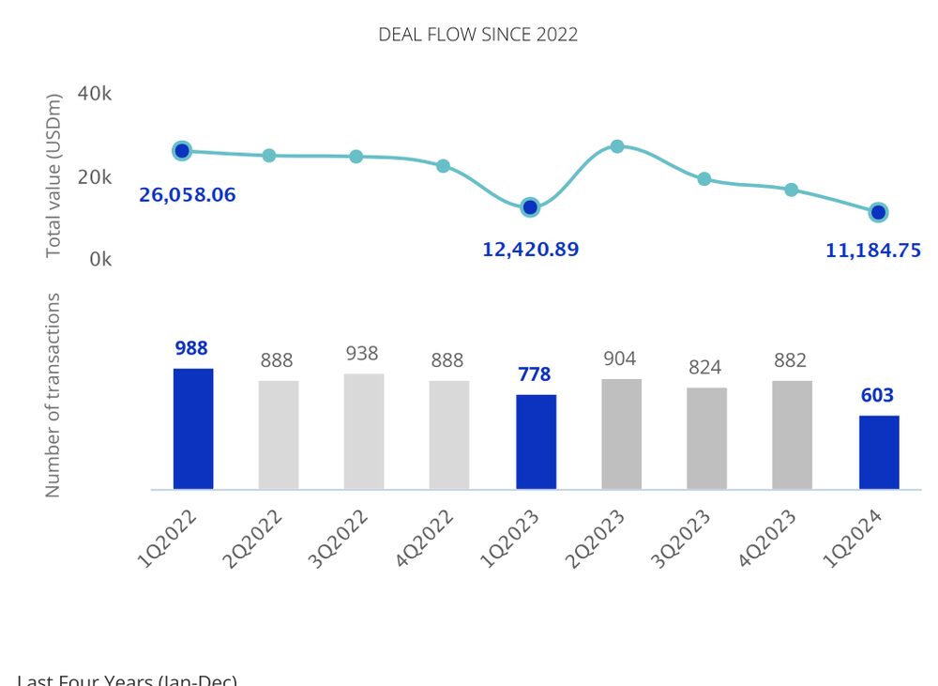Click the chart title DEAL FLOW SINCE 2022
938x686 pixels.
[x=477, y=35]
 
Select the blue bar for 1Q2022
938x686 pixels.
[x=193, y=429]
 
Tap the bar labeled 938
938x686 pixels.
[x=364, y=432]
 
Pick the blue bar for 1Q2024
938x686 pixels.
[x=879, y=452]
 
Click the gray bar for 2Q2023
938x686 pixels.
[x=621, y=434]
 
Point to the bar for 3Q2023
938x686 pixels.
[x=706, y=438]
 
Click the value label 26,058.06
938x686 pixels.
[x=188, y=196]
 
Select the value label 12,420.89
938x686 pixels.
[x=531, y=250]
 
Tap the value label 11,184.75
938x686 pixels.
[x=873, y=251]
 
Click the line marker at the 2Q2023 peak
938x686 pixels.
[x=617, y=146]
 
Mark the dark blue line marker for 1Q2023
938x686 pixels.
[x=530, y=207]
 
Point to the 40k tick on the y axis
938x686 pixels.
[x=95, y=94]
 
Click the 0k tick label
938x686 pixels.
[x=100, y=259]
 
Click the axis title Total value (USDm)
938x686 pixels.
[x=53, y=175]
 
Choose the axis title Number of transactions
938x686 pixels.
[x=53, y=395]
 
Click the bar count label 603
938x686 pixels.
[x=877, y=396]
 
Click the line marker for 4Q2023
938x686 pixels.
[x=792, y=190]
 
